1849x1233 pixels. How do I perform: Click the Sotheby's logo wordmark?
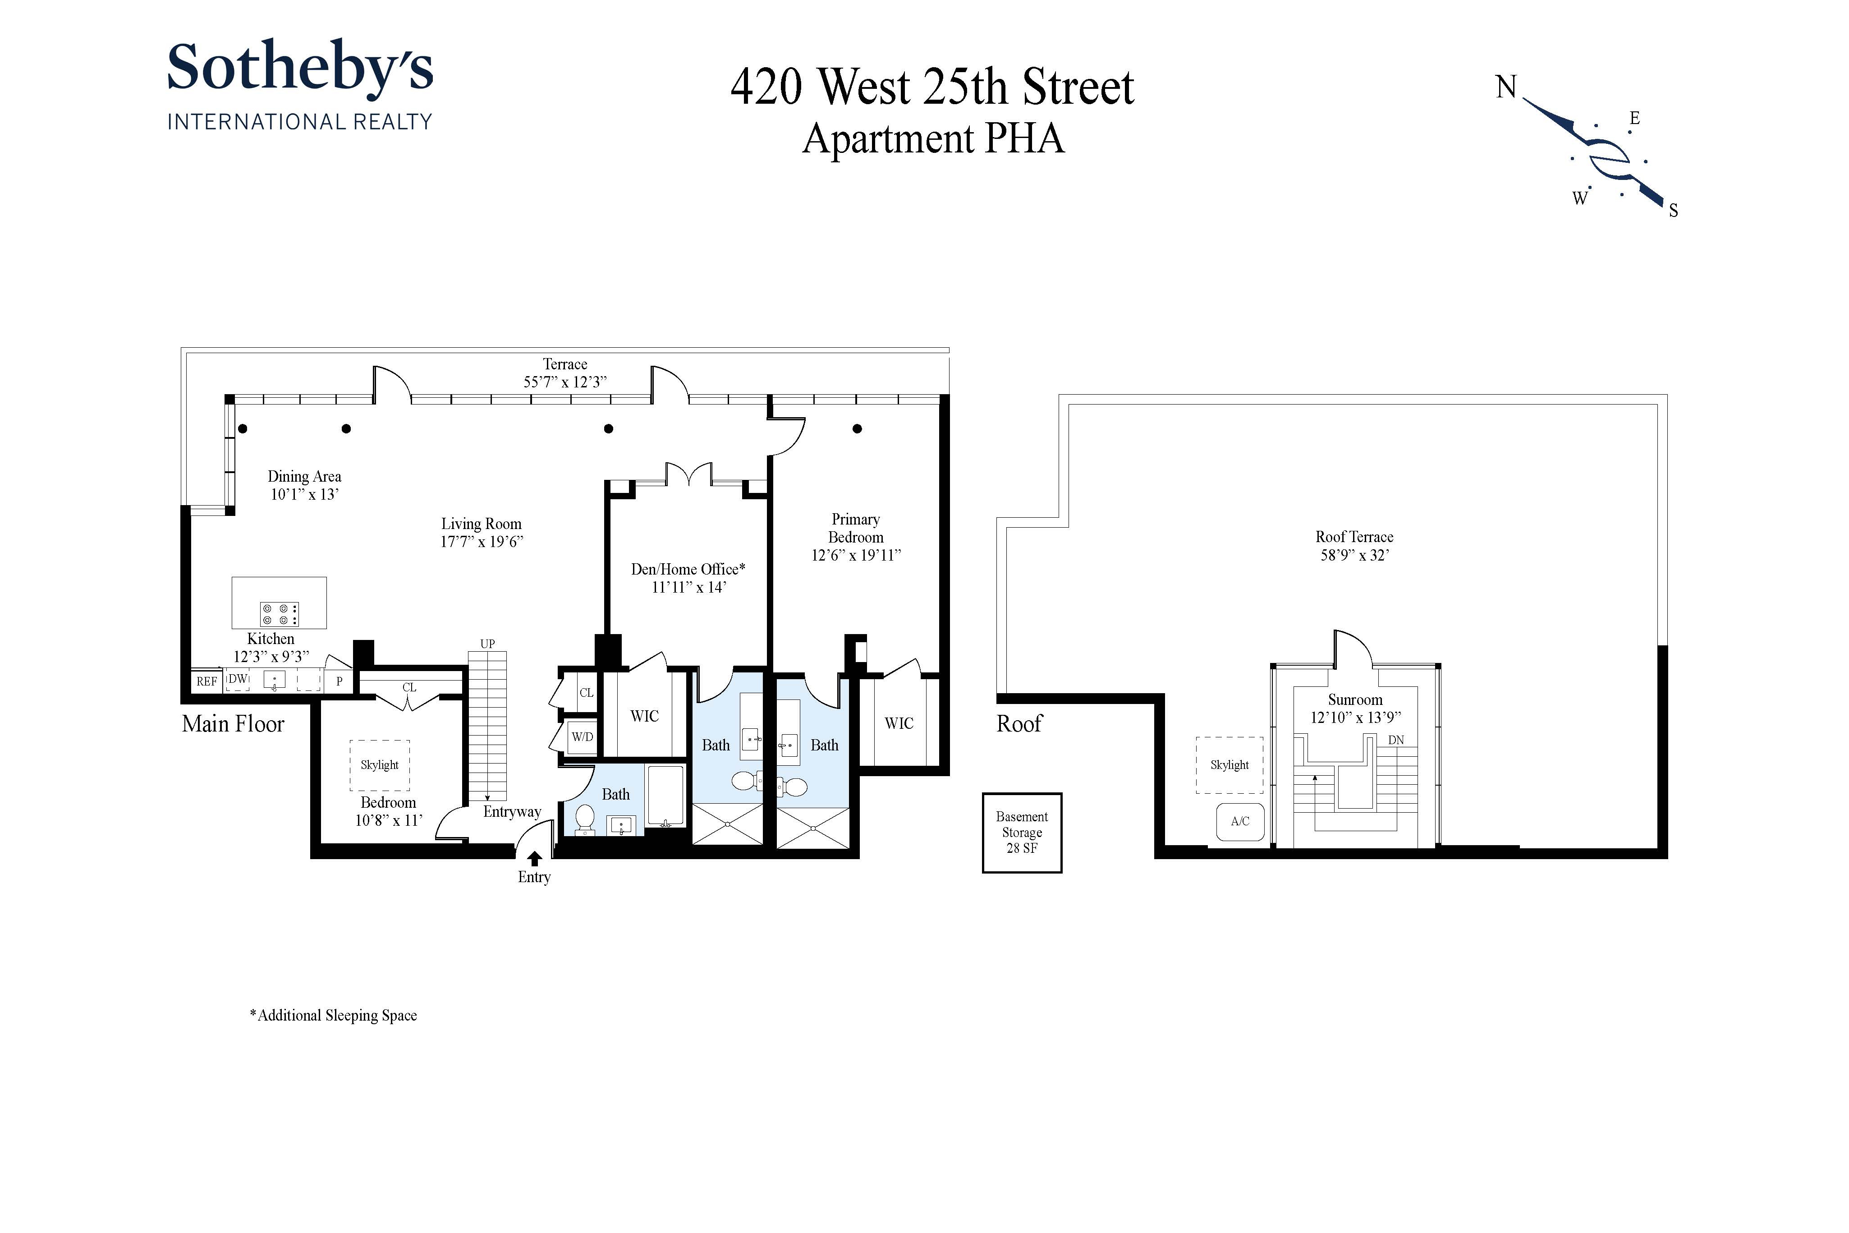coord(299,69)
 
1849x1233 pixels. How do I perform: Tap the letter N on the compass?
coord(1505,87)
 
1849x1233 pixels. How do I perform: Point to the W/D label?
coord(582,737)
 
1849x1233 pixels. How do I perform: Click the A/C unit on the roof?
coord(1240,822)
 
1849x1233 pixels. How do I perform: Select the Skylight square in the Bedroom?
coord(380,765)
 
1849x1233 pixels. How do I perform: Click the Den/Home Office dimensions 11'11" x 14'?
coord(688,587)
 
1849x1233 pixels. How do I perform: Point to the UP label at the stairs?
coord(487,643)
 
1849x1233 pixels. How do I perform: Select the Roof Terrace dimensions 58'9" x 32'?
coord(1354,555)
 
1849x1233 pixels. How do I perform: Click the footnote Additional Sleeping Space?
coord(333,1015)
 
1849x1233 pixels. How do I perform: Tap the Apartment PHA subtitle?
coord(933,139)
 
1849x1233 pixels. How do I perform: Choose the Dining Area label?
coord(304,477)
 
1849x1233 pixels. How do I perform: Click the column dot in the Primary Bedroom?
coord(857,428)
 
